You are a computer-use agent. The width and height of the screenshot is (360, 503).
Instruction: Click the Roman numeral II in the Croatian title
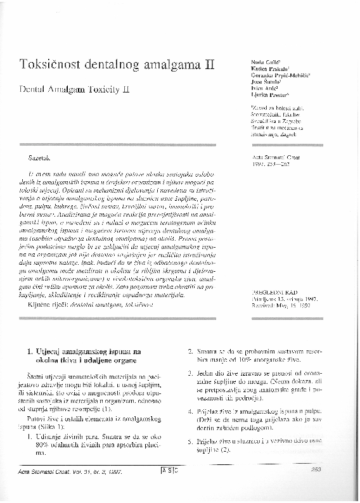click(207, 65)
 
